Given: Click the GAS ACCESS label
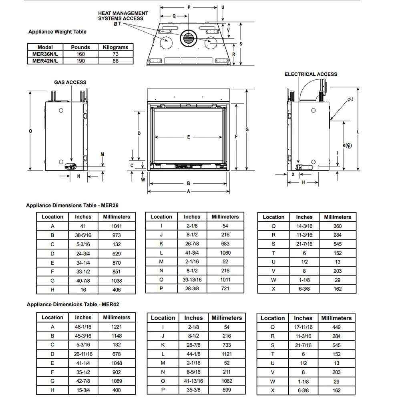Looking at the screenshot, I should (x=70, y=82).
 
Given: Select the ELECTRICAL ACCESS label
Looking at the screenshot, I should (x=311, y=74).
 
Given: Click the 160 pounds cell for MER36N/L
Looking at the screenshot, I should (x=80, y=54).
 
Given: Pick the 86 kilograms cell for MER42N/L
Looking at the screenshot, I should (x=115, y=61).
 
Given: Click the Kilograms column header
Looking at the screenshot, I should (x=115, y=47).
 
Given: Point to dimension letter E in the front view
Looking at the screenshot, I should (x=189, y=137).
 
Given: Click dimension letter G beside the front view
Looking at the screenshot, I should (x=247, y=129).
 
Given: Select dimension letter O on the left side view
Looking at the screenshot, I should (x=31, y=131).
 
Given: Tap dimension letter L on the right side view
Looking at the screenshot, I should (x=358, y=132).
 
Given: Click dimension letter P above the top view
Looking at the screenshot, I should (x=189, y=7).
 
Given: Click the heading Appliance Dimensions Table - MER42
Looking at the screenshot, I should (x=73, y=304).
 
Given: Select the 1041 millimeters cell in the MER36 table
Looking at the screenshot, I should (x=117, y=226).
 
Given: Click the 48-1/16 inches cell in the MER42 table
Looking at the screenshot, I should (x=83, y=326).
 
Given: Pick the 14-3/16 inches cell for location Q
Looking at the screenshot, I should (x=304, y=226).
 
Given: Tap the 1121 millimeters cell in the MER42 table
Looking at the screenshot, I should (x=227, y=354).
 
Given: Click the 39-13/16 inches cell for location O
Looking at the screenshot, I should (x=192, y=280).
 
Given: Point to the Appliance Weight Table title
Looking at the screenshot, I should (x=57, y=32).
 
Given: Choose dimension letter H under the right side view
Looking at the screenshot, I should (x=303, y=182).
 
